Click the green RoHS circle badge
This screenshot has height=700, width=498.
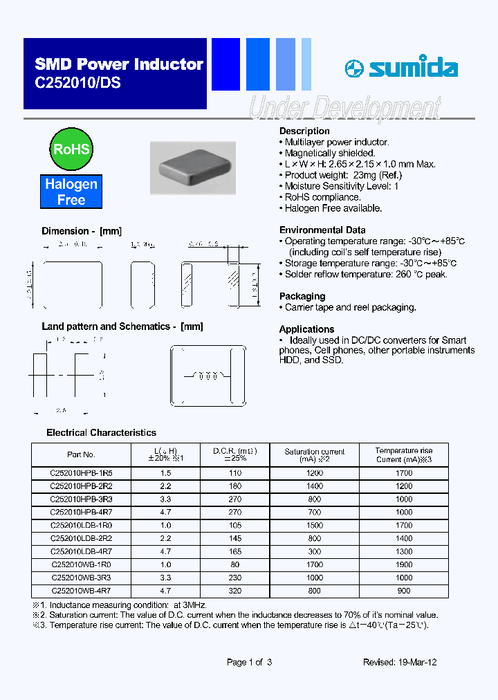(x=72, y=149)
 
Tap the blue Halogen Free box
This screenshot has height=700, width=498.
(x=71, y=192)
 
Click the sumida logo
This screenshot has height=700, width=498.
(x=401, y=68)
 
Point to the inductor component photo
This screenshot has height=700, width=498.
(x=193, y=168)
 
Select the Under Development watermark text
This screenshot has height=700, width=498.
(x=344, y=109)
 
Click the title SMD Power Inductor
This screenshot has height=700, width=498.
(x=119, y=65)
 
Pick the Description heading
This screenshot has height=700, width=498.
(x=304, y=131)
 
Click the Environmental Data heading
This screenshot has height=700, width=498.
(x=322, y=230)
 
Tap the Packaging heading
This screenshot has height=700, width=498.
(x=302, y=296)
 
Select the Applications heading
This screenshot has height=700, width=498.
(x=306, y=329)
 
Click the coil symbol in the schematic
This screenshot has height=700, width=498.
(x=208, y=377)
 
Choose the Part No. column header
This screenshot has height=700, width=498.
(x=82, y=454)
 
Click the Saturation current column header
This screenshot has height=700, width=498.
(x=315, y=454)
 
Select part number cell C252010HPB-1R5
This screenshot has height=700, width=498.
(x=82, y=473)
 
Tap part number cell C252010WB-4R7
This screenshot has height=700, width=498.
(x=82, y=591)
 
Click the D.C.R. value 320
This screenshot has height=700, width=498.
(x=234, y=591)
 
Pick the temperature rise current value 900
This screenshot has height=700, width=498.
(x=404, y=591)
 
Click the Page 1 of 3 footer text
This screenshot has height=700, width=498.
(x=249, y=662)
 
